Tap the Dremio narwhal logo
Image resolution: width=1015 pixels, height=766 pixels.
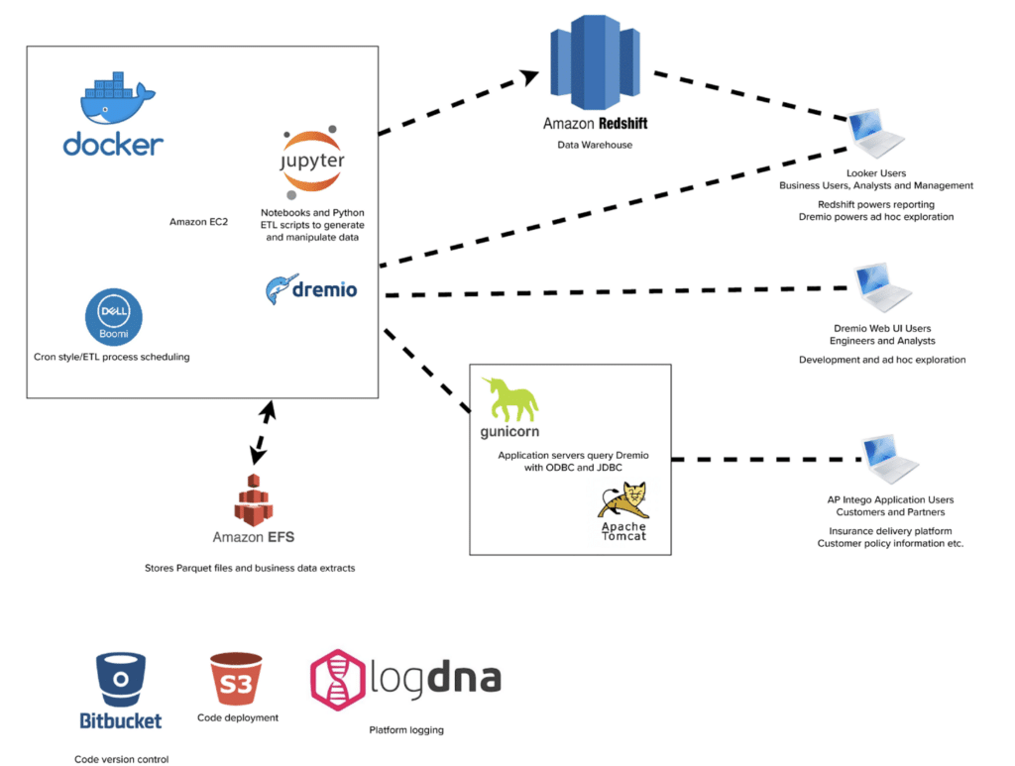point(278,289)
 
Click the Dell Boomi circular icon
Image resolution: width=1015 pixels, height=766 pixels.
point(114,316)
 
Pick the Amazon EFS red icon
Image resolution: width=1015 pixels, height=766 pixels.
point(253,499)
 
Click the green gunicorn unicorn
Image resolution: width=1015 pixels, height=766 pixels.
point(508,400)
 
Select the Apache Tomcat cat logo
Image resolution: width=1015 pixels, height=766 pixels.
point(623,500)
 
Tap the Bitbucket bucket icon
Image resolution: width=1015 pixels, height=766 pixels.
point(120,678)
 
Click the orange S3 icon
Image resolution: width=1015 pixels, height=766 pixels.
point(237,679)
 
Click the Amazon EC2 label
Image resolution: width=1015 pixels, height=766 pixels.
point(198,222)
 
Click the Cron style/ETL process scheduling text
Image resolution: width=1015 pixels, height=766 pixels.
point(111,357)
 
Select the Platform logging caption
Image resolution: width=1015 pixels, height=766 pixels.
point(406,730)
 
